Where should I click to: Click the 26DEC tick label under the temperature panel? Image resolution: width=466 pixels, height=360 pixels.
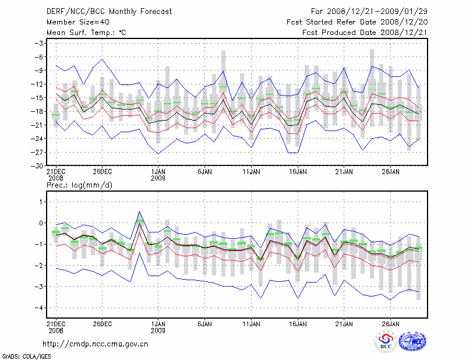click(x=103, y=172)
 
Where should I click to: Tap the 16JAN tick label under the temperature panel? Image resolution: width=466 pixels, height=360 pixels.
click(x=298, y=172)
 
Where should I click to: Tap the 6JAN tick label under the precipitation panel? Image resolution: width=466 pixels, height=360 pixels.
click(x=205, y=323)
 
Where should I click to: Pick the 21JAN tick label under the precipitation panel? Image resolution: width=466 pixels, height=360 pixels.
click(x=344, y=323)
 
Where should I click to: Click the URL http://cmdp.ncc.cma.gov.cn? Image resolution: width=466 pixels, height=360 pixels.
click(x=96, y=344)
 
